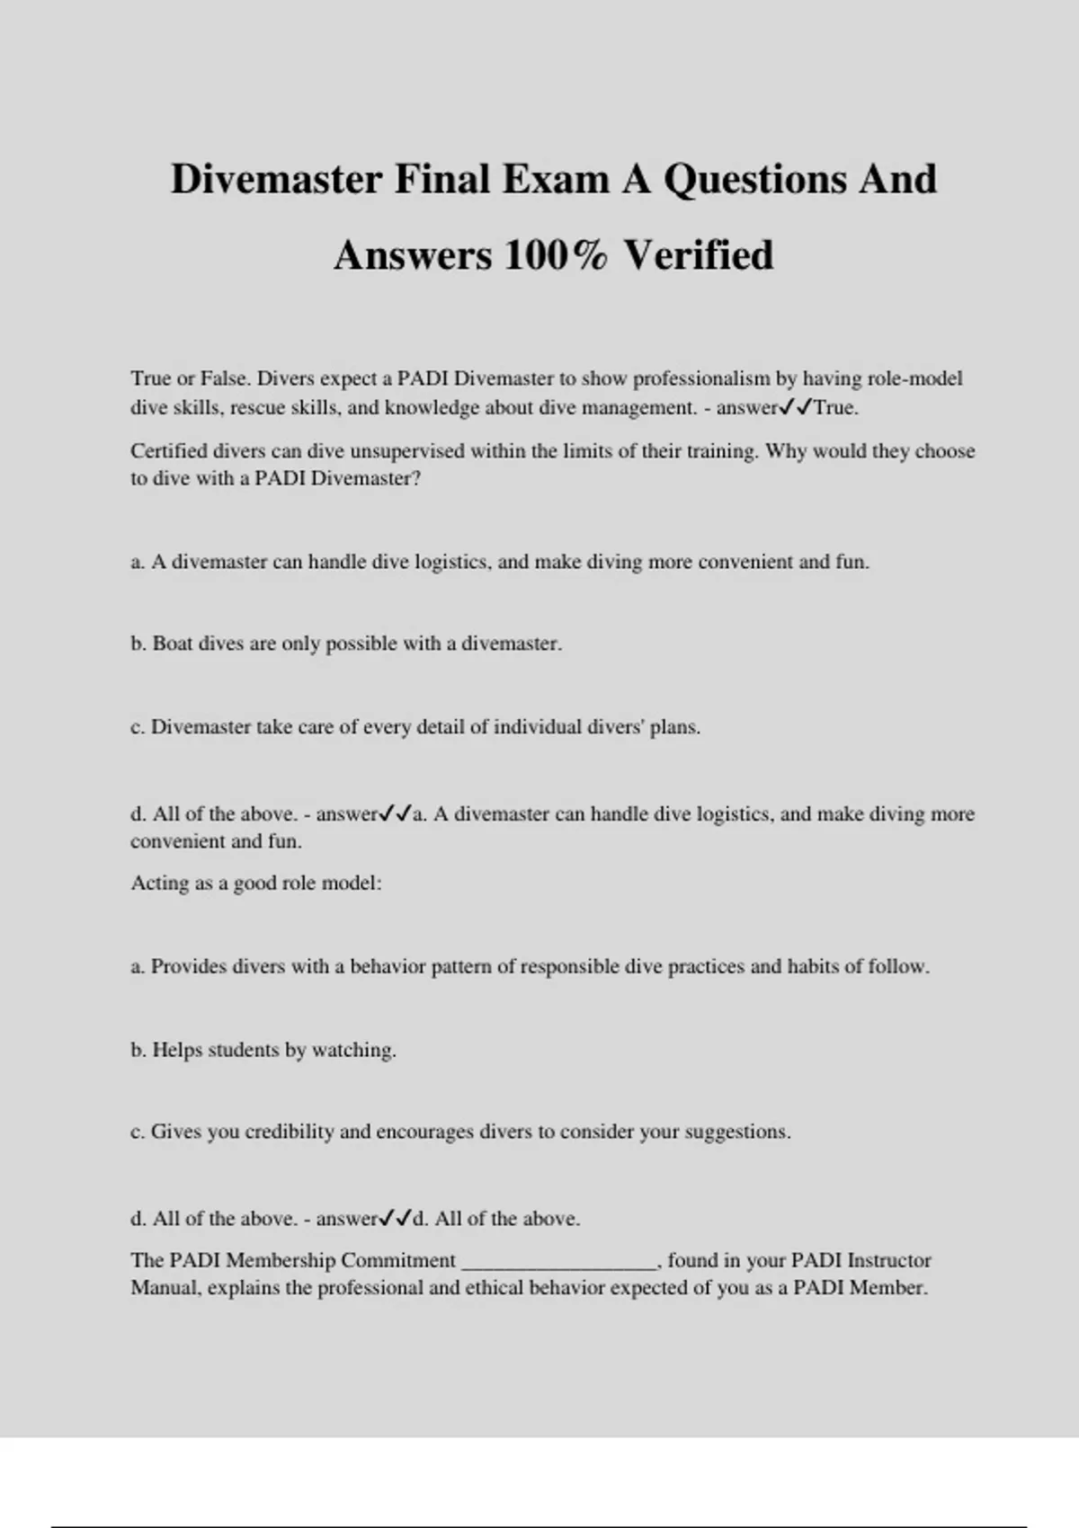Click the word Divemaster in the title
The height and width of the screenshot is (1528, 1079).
click(x=277, y=179)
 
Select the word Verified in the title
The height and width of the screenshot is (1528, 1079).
click(x=699, y=255)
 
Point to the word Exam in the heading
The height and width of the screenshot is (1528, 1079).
click(x=555, y=179)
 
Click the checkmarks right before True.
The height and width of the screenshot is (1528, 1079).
click(x=796, y=407)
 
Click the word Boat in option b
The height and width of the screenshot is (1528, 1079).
click(x=173, y=644)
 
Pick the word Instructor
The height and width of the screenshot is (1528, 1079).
click(x=889, y=1260)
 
